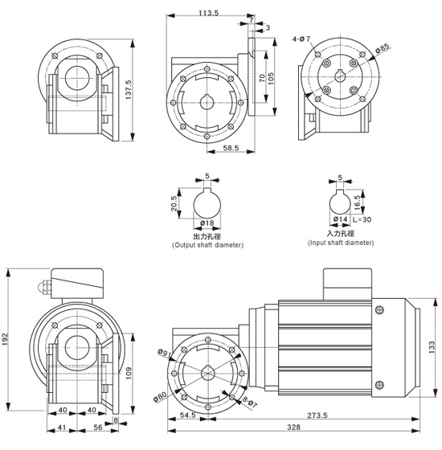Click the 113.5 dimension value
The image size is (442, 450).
[x=209, y=13]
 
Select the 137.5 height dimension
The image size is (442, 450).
[x=129, y=90]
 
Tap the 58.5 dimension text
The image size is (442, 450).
[x=231, y=148]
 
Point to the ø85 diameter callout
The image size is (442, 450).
[x=383, y=48]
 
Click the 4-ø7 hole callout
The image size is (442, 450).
[x=301, y=39]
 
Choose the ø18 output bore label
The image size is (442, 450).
[x=207, y=223]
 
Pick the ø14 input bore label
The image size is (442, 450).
[x=341, y=219]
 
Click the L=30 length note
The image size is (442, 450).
[x=362, y=220]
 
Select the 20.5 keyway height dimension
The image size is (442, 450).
[x=174, y=203]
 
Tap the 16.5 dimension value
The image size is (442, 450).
[x=358, y=202]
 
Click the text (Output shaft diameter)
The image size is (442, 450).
[x=208, y=245]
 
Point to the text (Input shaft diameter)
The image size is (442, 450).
[x=341, y=243]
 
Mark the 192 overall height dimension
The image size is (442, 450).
[x=6, y=339]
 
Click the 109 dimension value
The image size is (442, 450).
[x=129, y=373]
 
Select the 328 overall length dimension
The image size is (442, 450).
[x=294, y=427]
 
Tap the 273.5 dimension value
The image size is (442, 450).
[x=317, y=415]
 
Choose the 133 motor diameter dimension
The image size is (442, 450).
[x=432, y=347]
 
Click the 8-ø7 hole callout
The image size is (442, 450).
[x=250, y=402]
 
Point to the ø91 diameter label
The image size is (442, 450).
[x=165, y=353]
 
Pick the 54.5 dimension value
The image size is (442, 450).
[x=188, y=415]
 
